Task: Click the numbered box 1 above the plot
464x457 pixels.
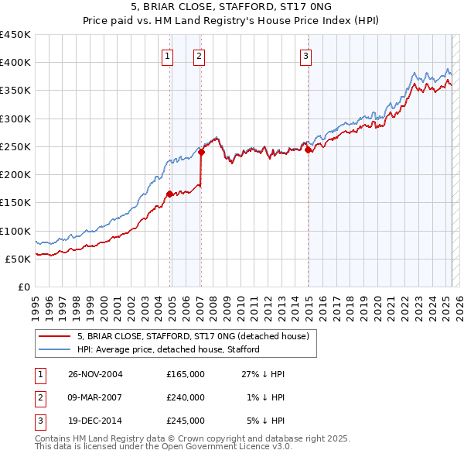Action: (167, 55)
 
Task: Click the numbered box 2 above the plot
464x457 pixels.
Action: (199, 55)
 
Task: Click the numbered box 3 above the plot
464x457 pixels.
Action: (305, 55)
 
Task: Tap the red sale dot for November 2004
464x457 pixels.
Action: (170, 194)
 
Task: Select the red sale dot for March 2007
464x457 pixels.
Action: (201, 153)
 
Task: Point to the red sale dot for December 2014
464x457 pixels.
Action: (308, 150)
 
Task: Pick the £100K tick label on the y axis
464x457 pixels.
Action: (15, 231)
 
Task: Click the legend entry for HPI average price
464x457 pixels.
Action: (168, 349)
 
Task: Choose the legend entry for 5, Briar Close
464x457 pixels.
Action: (193, 336)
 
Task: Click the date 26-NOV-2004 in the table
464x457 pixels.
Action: (95, 374)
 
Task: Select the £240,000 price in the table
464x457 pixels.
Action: (185, 397)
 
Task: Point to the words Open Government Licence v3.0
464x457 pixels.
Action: (224, 447)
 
